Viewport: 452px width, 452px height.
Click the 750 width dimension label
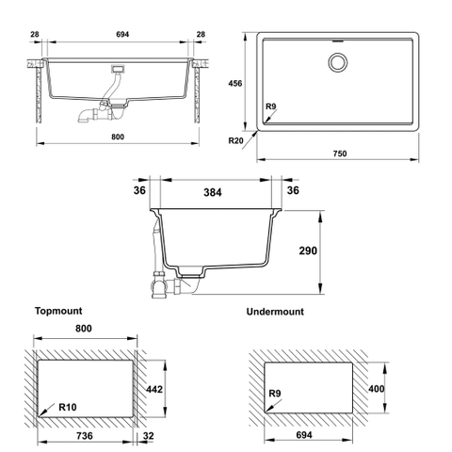click(x=340, y=153)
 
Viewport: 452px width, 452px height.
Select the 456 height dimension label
click(x=235, y=83)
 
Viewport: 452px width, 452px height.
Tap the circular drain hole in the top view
click(x=338, y=62)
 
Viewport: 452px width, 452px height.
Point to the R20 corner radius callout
click(x=235, y=140)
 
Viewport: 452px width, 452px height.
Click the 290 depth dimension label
click(x=308, y=250)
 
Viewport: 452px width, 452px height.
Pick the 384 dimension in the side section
click(x=213, y=192)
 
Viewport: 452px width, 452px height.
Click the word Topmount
click(x=58, y=311)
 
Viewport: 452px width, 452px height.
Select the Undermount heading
click(x=275, y=312)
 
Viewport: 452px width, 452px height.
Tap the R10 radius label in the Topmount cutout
click(x=68, y=407)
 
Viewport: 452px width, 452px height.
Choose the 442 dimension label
click(x=154, y=389)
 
